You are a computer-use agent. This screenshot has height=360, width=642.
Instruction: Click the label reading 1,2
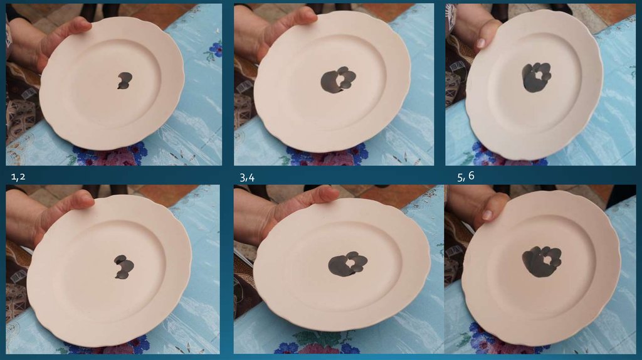(x=18, y=177)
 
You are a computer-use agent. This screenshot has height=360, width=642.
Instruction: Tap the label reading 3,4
(x=247, y=177)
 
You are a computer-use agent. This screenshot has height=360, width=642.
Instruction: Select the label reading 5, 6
(x=466, y=176)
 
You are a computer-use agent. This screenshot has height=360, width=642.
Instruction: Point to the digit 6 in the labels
(x=471, y=175)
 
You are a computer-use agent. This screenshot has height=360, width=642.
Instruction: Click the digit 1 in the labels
(x=13, y=177)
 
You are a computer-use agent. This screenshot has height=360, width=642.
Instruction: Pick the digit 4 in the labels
(x=251, y=177)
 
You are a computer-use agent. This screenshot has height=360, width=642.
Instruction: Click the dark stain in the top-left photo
(x=125, y=80)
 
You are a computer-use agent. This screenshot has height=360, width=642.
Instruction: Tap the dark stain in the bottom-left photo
(x=124, y=267)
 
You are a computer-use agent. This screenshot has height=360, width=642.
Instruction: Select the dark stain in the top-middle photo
(x=338, y=80)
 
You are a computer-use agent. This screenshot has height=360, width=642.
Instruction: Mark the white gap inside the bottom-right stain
(x=547, y=258)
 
